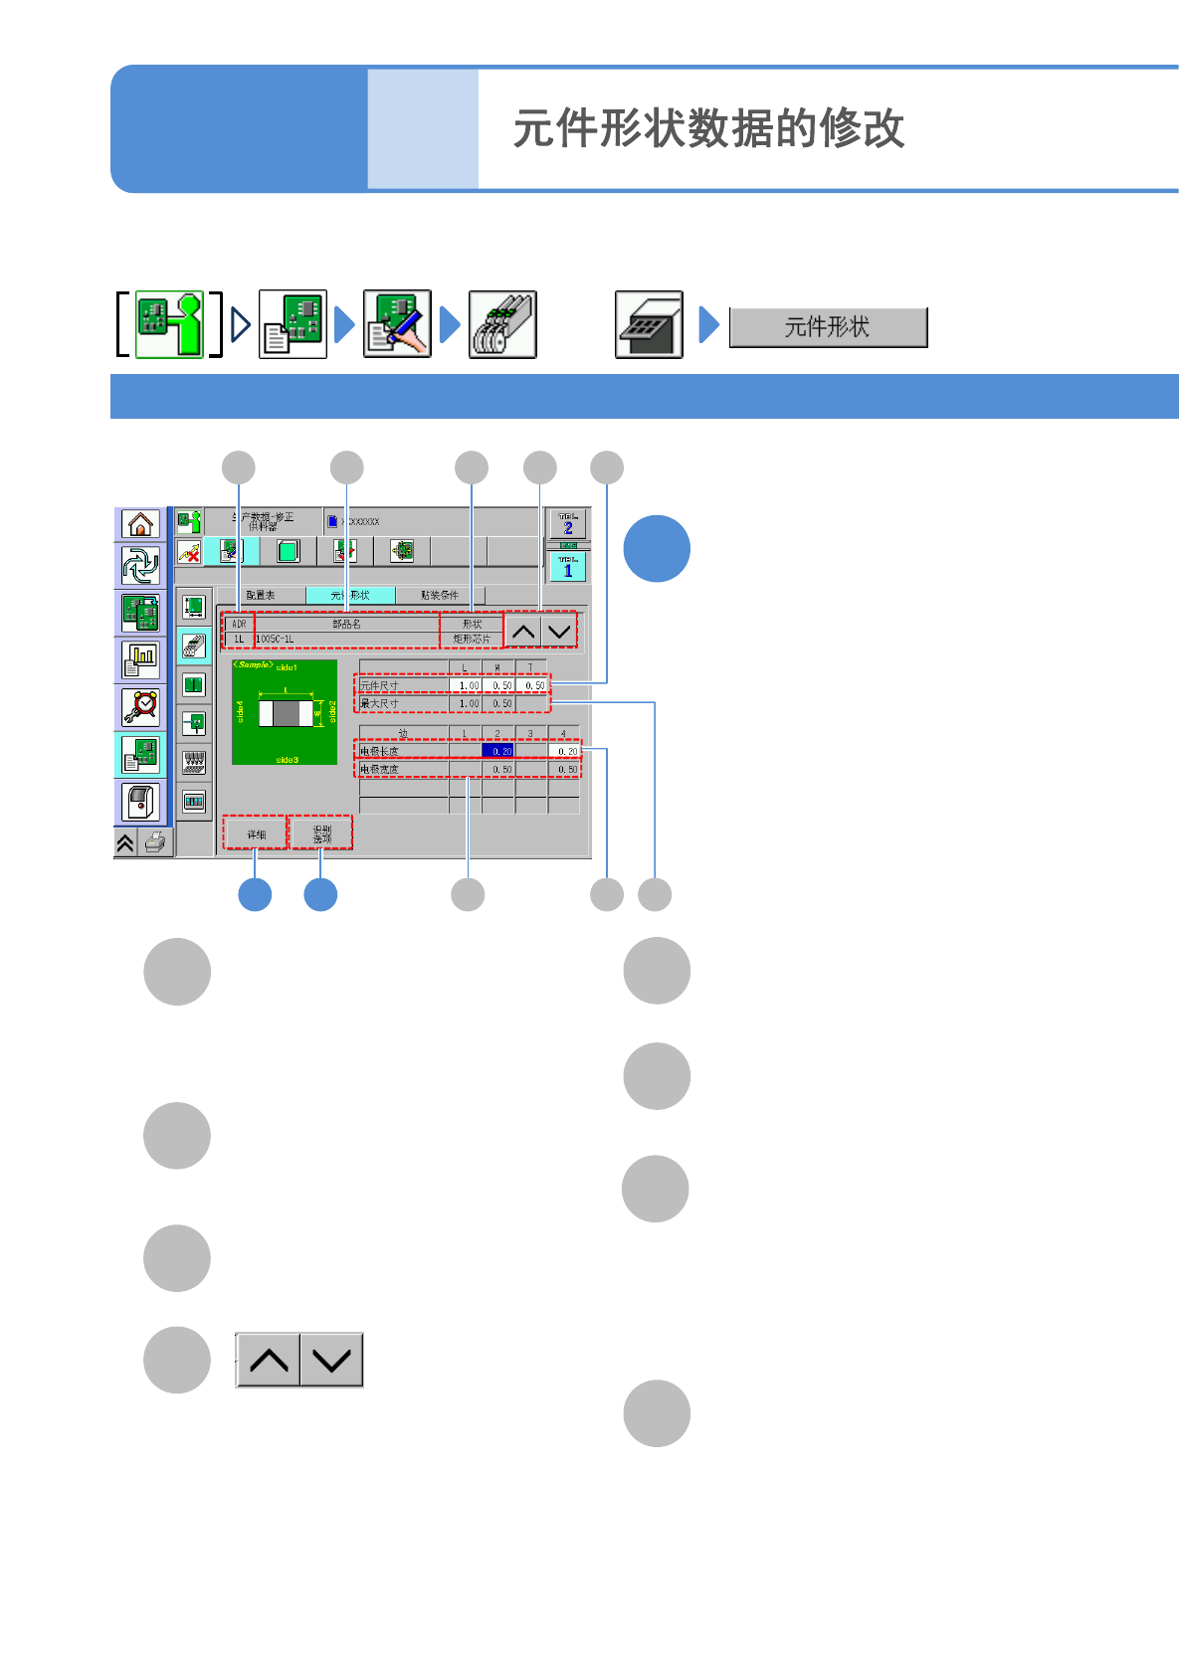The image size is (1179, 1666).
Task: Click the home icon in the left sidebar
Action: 140,524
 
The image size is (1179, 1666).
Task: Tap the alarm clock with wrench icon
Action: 140,707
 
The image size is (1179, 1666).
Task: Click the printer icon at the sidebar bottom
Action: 155,843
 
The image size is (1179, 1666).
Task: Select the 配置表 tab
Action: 261,595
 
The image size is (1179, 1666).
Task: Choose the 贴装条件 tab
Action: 439,595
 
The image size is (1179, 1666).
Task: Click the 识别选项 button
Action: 321,833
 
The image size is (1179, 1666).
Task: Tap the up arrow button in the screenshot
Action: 523,631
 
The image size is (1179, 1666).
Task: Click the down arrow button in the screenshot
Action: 559,631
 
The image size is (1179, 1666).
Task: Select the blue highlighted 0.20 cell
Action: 498,751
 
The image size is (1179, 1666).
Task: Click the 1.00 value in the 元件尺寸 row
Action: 467,685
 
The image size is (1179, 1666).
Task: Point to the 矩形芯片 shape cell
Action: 472,639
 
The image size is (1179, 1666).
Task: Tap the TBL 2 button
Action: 568,524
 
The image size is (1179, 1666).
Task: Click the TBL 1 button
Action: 568,567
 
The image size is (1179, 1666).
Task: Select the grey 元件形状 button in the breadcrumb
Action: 828,327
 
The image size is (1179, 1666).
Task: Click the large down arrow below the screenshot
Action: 331,1360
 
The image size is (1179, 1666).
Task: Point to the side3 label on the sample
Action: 287,760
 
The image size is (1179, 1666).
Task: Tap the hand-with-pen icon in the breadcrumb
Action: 397,324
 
